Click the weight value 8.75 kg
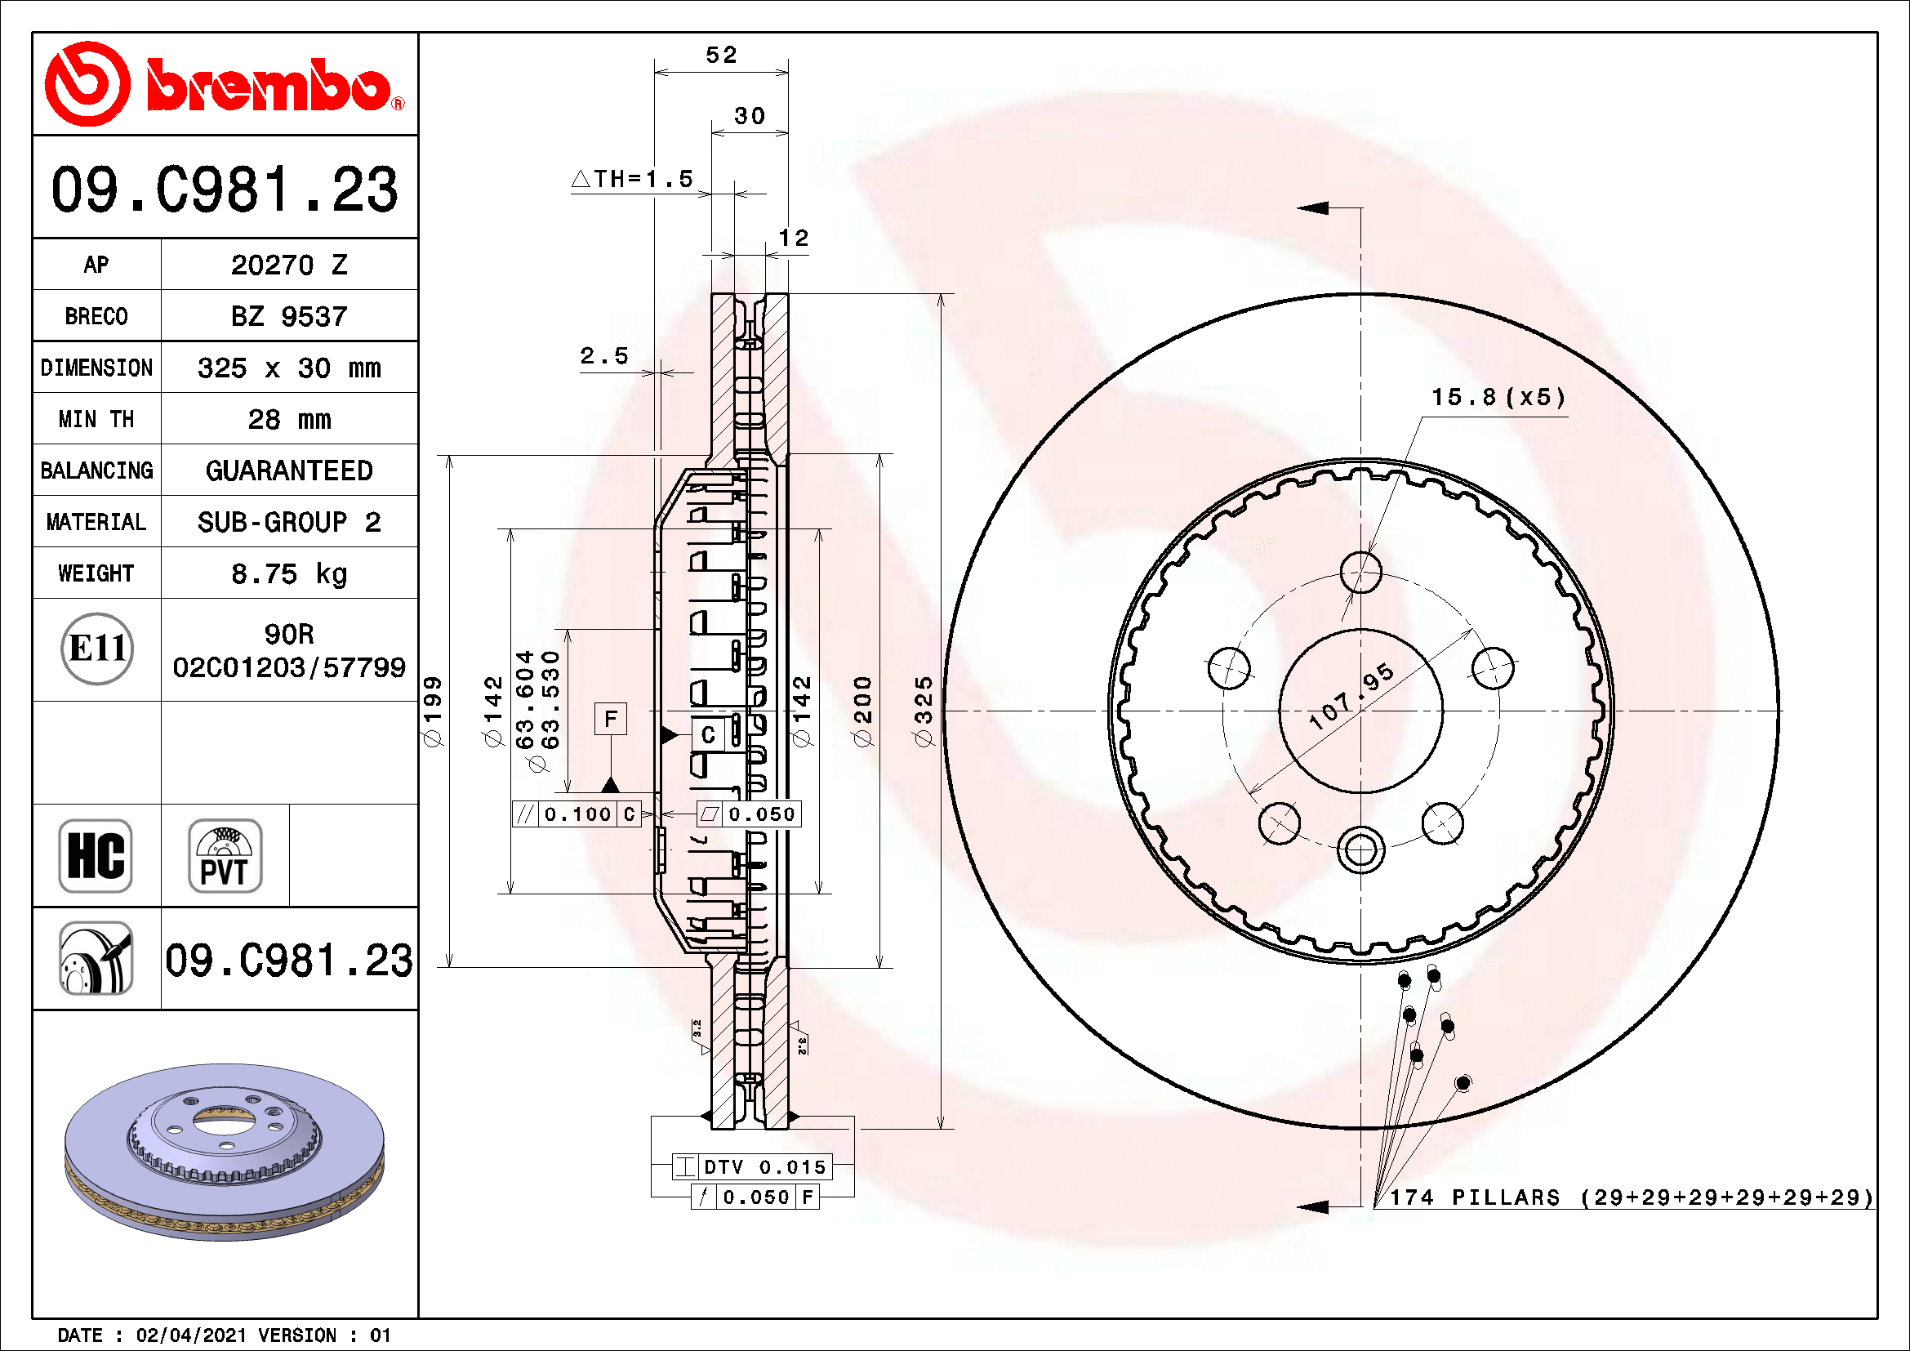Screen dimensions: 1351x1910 (288, 573)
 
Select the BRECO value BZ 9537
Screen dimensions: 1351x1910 (288, 316)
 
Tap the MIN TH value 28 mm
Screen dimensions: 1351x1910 (288, 419)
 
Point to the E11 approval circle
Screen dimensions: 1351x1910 (97, 649)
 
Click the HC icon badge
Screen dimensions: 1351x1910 (96, 855)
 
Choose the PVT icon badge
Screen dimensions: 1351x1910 (225, 855)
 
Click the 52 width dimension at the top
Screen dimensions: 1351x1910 (720, 55)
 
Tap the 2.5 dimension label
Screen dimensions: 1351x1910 (604, 356)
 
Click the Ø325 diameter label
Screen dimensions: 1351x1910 (924, 711)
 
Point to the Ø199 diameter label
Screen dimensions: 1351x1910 (433, 711)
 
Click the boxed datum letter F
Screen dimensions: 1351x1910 (611, 719)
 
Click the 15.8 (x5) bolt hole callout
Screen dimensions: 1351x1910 (1498, 398)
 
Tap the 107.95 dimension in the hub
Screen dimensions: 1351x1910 (1351, 697)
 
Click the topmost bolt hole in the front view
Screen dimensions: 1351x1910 (1361, 572)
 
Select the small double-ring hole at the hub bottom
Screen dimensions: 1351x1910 (1361, 850)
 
